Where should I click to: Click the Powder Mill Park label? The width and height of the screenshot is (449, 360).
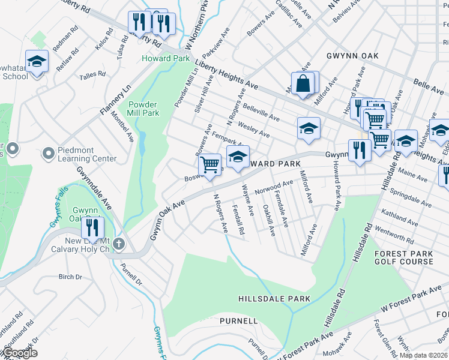coord(143,108)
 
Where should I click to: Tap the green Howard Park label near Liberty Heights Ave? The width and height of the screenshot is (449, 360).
coord(166,58)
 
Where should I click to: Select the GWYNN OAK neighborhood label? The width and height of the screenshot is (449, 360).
coord(352,55)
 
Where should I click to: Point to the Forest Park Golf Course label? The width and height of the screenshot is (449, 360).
coord(403,257)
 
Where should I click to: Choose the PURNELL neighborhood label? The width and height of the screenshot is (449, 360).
coord(239,321)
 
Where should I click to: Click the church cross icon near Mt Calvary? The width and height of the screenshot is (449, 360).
coord(119,244)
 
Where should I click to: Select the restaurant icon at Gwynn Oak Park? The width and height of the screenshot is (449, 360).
coord(92,227)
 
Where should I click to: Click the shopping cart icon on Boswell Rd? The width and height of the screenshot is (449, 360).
coord(209,163)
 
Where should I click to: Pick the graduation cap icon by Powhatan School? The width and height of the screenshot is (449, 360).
coord(37,62)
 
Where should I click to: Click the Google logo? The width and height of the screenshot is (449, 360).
coord(20,353)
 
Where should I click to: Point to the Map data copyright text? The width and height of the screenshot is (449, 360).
coord(423,355)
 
